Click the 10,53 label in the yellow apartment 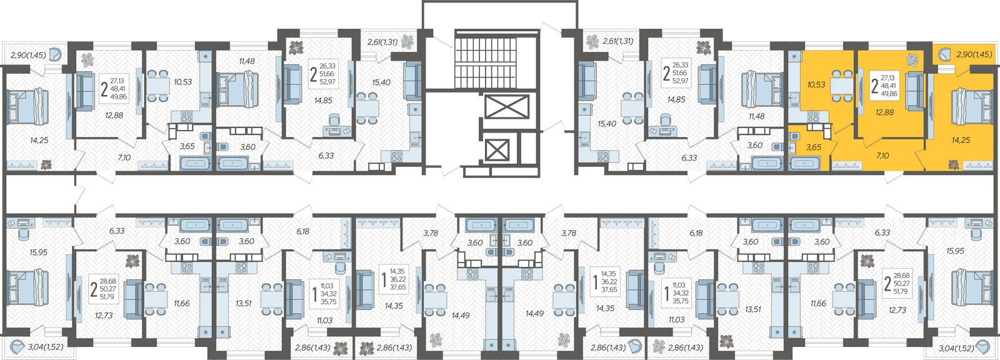point(816,84)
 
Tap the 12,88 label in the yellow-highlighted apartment point(884,112)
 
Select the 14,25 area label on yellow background point(961,140)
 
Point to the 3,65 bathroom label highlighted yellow point(813,147)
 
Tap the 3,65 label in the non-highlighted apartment point(187,146)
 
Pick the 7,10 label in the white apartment point(124,157)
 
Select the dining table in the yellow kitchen point(841,85)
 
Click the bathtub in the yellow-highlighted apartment point(804,164)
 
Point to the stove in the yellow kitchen point(813,117)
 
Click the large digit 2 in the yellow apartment point(874,86)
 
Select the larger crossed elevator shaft point(506,107)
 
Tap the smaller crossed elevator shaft point(497,149)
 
